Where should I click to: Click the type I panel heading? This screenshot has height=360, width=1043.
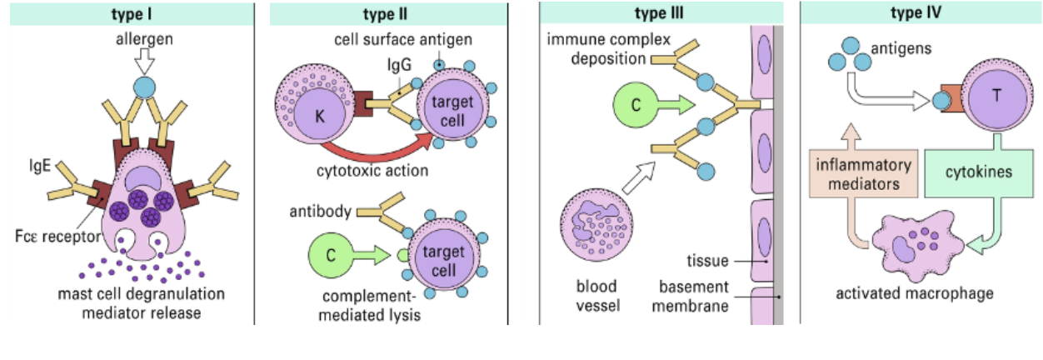[132, 14]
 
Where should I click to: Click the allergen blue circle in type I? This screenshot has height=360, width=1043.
[146, 86]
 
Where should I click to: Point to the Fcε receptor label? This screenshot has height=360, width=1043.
[54, 237]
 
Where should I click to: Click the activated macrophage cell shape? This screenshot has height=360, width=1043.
[916, 247]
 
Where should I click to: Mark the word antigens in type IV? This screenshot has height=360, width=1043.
[894, 49]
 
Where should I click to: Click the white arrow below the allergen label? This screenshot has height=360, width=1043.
[146, 59]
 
